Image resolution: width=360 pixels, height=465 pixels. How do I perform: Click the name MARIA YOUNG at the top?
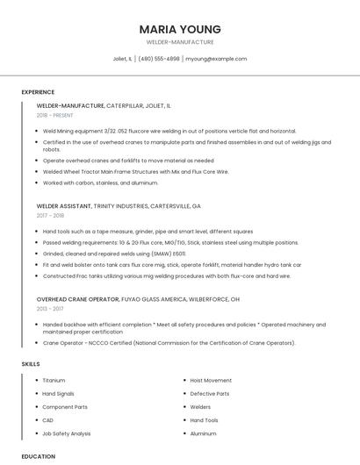pos(180,28)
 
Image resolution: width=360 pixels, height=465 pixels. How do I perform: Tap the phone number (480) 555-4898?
pos(158,59)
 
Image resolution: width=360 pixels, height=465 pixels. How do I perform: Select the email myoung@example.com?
pos(216,59)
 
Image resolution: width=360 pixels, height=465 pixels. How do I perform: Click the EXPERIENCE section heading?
pos(38,92)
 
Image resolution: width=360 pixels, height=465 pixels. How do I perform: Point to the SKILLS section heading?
pos(30,363)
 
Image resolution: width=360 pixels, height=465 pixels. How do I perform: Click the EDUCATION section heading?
pos(38,456)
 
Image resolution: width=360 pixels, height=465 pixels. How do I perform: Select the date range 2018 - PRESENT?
pos(54,115)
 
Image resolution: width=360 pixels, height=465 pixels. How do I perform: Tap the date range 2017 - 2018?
pos(50,215)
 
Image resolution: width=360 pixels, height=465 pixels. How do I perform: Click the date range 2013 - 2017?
pos(50,309)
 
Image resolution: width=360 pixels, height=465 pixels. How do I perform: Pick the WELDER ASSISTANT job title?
pos(64,205)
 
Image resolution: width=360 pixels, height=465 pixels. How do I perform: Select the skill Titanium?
pos(54,381)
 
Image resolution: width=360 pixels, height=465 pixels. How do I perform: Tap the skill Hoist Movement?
pos(211,381)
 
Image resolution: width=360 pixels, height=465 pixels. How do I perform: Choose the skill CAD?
pos(48,420)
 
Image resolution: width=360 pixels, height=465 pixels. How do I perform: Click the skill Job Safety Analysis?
pos(66,433)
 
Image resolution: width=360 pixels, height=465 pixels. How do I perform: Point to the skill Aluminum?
pos(203,433)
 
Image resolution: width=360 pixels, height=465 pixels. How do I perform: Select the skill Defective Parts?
pos(210,394)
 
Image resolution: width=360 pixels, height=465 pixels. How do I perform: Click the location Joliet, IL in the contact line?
pos(122,59)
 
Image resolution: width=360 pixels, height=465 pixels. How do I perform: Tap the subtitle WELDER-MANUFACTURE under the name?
pos(180,42)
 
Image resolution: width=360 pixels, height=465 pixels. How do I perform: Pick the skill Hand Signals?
pos(59,394)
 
